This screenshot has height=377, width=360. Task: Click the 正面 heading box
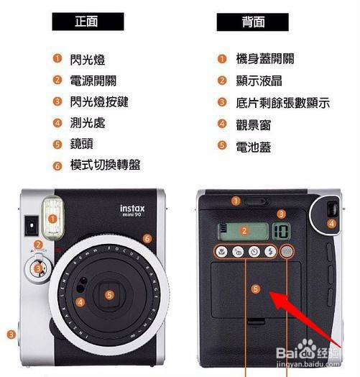coord(88,22)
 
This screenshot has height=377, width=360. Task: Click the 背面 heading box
coord(253,22)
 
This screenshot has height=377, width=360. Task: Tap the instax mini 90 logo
coord(132,211)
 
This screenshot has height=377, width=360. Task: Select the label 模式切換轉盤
coord(105,165)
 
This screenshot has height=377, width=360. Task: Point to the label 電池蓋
coord(254,147)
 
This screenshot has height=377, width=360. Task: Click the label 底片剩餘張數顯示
coord(283,103)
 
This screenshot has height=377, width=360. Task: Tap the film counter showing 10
coord(281,231)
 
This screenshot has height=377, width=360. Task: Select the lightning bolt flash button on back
coord(270,252)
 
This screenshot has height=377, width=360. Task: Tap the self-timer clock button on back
coord(254,252)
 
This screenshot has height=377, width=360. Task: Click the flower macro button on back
coord(221,252)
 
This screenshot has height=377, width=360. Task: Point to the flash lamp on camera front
coord(52,219)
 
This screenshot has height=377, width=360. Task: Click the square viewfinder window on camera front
coord(32,225)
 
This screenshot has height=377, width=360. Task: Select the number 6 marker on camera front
coord(147,239)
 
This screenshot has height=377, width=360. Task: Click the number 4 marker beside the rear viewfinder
coord(331,224)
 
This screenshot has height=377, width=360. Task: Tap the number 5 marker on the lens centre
coord(109,295)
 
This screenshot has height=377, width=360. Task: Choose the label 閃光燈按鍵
coord(99,102)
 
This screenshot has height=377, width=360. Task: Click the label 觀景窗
coord(254,125)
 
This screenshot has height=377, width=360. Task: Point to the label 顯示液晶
coord(259,81)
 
